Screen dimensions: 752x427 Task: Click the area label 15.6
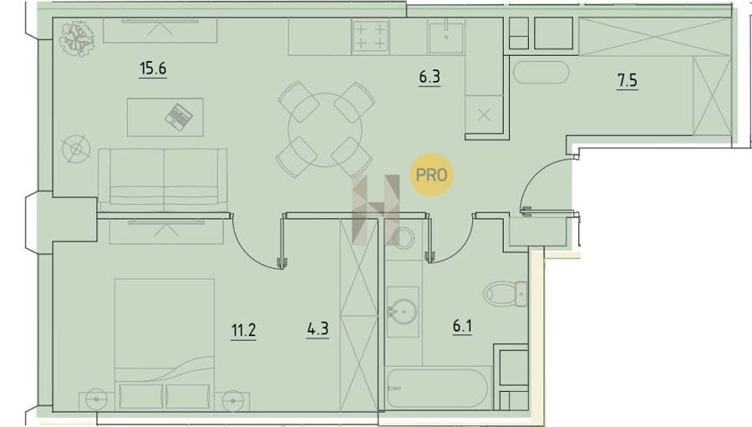pos(153,69)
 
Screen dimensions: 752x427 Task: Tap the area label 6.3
pos(429,77)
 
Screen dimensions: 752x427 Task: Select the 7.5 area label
pos(628,80)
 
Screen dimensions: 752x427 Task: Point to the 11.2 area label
pos(244,331)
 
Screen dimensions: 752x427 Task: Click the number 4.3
pos(318,329)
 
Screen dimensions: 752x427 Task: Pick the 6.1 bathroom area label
pos(462,326)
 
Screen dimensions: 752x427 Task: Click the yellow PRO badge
pos(432,175)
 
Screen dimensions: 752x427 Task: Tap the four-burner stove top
pos(370,37)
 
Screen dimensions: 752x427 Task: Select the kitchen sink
pos(446,37)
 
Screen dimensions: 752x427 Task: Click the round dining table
pos(325,130)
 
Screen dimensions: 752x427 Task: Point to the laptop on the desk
pos(179,116)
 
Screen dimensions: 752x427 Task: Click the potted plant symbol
pos(77,38)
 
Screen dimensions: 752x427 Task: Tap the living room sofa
pos(163,180)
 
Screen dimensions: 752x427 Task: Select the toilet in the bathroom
pos(506,292)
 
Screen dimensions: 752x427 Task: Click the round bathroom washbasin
pos(402,311)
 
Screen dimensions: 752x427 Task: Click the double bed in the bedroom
pos(165,343)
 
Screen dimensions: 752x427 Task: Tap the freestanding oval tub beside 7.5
pos(541,73)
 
